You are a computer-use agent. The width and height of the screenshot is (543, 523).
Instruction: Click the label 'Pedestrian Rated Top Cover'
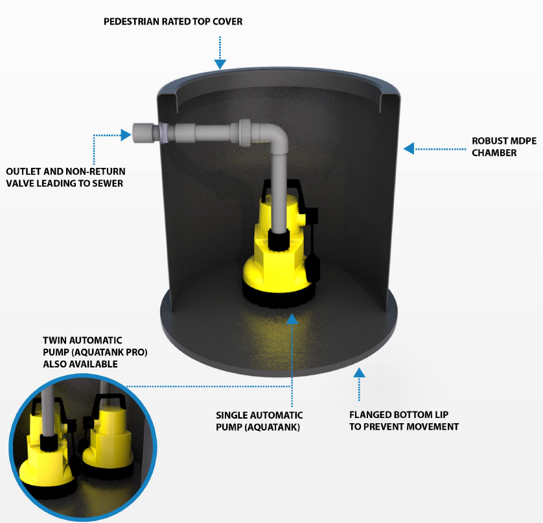(173, 21)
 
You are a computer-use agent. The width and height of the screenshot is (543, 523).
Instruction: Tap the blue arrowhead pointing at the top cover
(220, 64)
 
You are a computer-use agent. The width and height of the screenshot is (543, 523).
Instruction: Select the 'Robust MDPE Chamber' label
(504, 147)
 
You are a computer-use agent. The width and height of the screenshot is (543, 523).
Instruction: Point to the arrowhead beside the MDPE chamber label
(409, 148)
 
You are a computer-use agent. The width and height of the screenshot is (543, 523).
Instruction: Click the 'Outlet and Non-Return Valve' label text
(66, 178)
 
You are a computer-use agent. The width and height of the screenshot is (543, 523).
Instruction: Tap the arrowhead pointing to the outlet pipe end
(126, 135)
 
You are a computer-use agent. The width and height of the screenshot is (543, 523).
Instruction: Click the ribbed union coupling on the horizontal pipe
(244, 133)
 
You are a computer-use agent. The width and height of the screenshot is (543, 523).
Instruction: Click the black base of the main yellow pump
(279, 294)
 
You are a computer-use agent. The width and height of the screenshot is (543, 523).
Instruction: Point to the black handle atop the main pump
(281, 189)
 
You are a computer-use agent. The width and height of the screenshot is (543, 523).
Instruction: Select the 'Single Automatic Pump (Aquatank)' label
(259, 421)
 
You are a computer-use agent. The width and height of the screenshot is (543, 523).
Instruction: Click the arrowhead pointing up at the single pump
(292, 319)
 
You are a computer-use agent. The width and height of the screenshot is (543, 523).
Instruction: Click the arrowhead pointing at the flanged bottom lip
(359, 373)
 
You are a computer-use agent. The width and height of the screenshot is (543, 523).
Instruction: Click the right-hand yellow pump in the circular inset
(108, 440)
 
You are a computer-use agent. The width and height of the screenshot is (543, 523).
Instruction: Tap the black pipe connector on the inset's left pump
(48, 442)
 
